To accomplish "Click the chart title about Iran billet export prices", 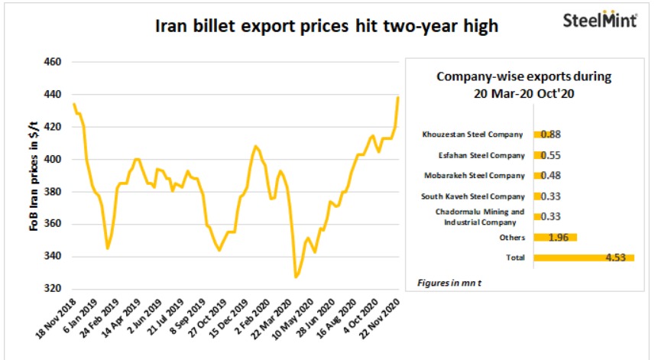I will tap(326, 27).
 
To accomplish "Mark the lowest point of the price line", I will tap(296, 277).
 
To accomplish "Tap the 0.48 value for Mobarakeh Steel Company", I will tap(550, 176).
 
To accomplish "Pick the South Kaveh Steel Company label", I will tap(475, 196).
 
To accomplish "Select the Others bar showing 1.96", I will tap(554, 237).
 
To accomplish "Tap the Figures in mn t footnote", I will tap(449, 283).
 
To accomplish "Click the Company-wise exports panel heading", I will tap(524, 83).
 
